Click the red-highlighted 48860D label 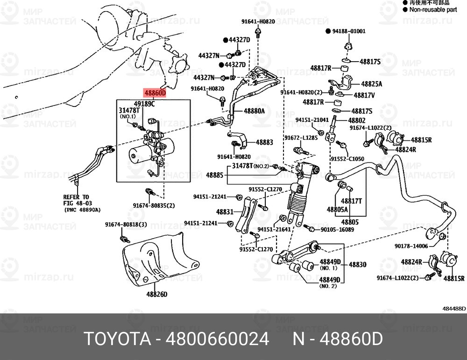click(155, 93)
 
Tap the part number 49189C click(144, 104)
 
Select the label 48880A click(254, 111)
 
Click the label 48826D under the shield click(156, 294)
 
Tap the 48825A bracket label click(371, 84)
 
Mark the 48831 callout click(225, 212)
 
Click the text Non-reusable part click(433, 9)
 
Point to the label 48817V click(364, 95)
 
